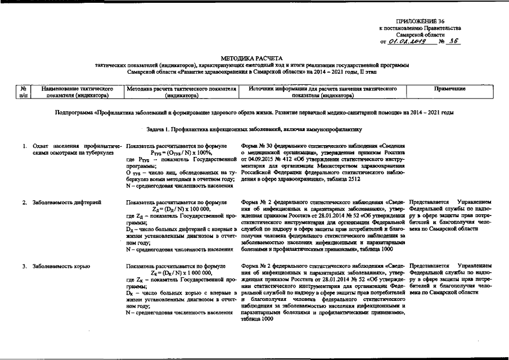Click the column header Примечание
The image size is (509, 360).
(x=450, y=89)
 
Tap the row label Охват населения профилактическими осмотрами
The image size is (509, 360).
(x=73, y=149)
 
